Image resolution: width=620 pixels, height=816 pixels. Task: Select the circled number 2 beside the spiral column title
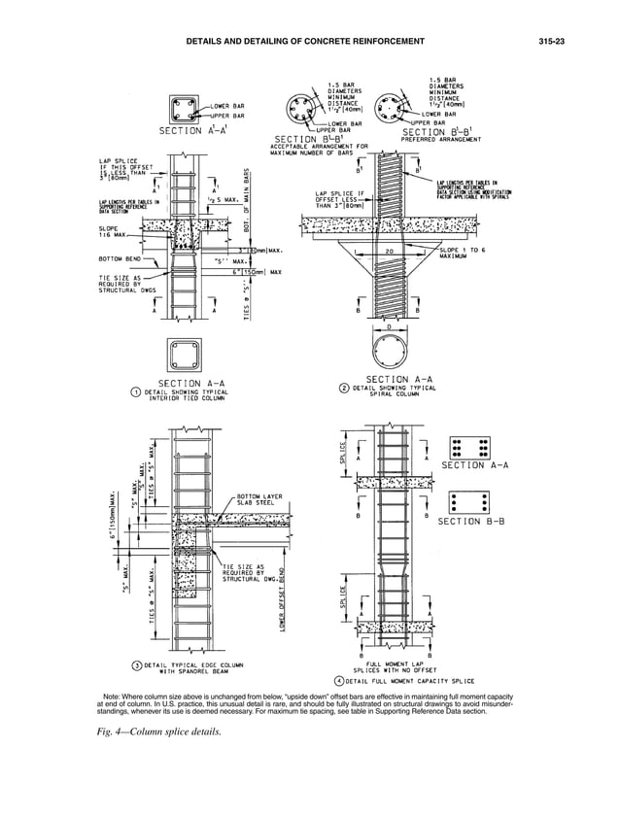click(343, 388)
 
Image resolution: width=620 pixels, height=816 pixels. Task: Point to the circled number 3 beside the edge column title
click(137, 665)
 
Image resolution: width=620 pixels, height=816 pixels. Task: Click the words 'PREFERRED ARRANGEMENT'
click(442, 139)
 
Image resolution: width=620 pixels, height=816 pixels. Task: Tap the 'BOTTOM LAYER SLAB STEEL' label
click(258, 500)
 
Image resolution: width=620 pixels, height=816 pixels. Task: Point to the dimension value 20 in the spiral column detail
click(390, 251)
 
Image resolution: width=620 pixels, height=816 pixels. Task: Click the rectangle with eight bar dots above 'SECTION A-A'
click(470, 447)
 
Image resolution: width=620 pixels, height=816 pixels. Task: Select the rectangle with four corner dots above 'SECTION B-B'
click(470, 502)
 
